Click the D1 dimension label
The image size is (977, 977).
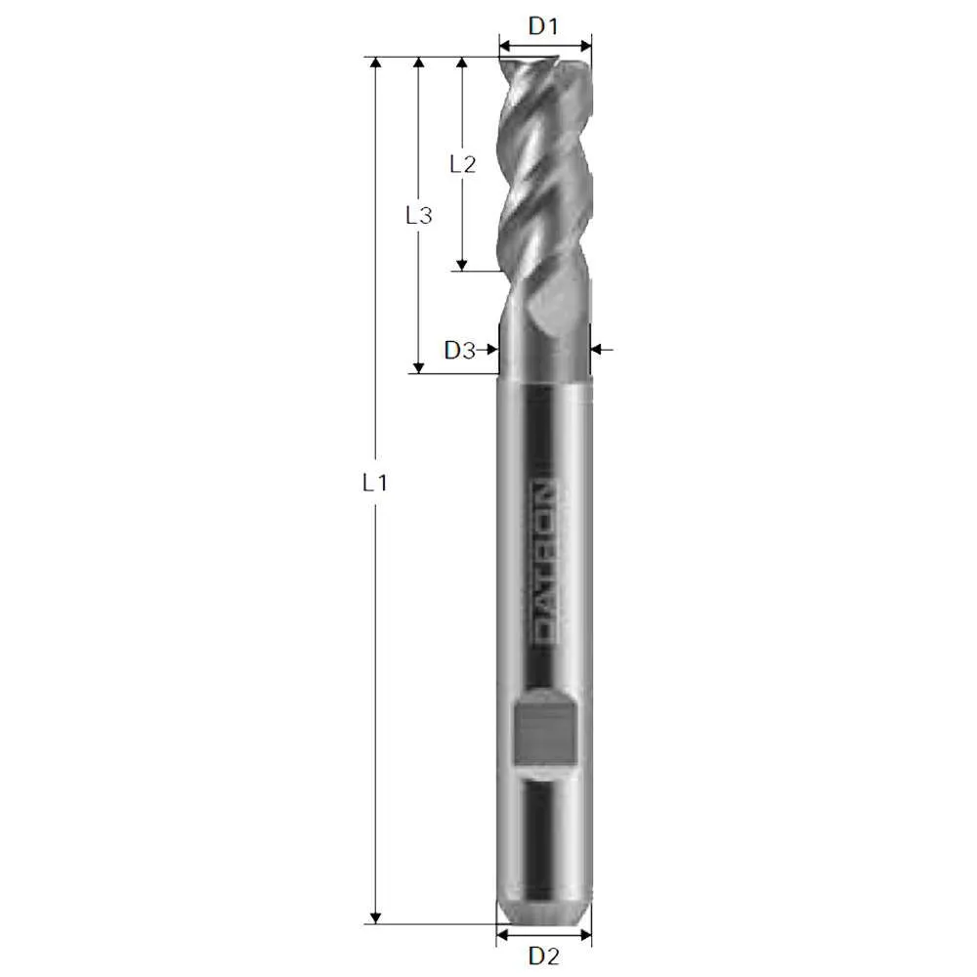point(543,26)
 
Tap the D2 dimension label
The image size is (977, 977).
point(543,955)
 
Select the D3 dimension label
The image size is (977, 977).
point(458,350)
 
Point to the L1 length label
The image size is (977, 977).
point(374,482)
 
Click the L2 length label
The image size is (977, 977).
point(462,164)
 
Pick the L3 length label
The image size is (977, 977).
point(418,216)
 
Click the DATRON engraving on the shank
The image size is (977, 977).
point(543,561)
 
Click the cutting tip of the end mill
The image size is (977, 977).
point(543,64)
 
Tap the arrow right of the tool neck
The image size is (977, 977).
point(599,348)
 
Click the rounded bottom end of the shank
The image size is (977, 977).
point(543,913)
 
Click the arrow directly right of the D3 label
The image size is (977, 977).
point(489,350)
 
